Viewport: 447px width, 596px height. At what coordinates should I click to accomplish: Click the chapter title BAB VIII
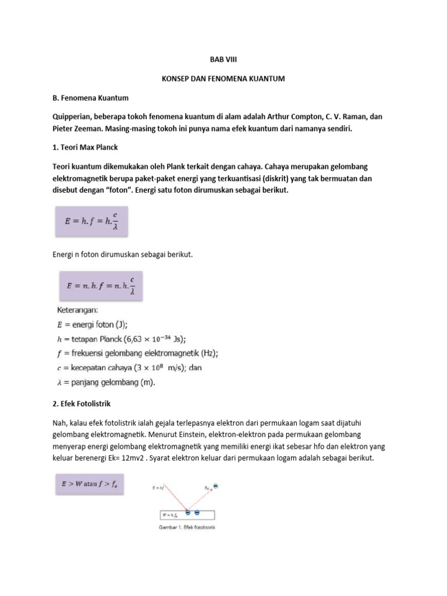[x=223, y=59]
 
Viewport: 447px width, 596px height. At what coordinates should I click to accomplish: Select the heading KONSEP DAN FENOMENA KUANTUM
[x=223, y=78]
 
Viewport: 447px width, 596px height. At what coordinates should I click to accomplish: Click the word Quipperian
[x=74, y=116]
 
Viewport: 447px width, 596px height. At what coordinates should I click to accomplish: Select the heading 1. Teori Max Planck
[x=86, y=148]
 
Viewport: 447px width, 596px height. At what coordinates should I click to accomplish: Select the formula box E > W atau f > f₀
[x=89, y=484]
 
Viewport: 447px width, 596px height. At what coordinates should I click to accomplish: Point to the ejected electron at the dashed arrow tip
[x=215, y=485]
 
